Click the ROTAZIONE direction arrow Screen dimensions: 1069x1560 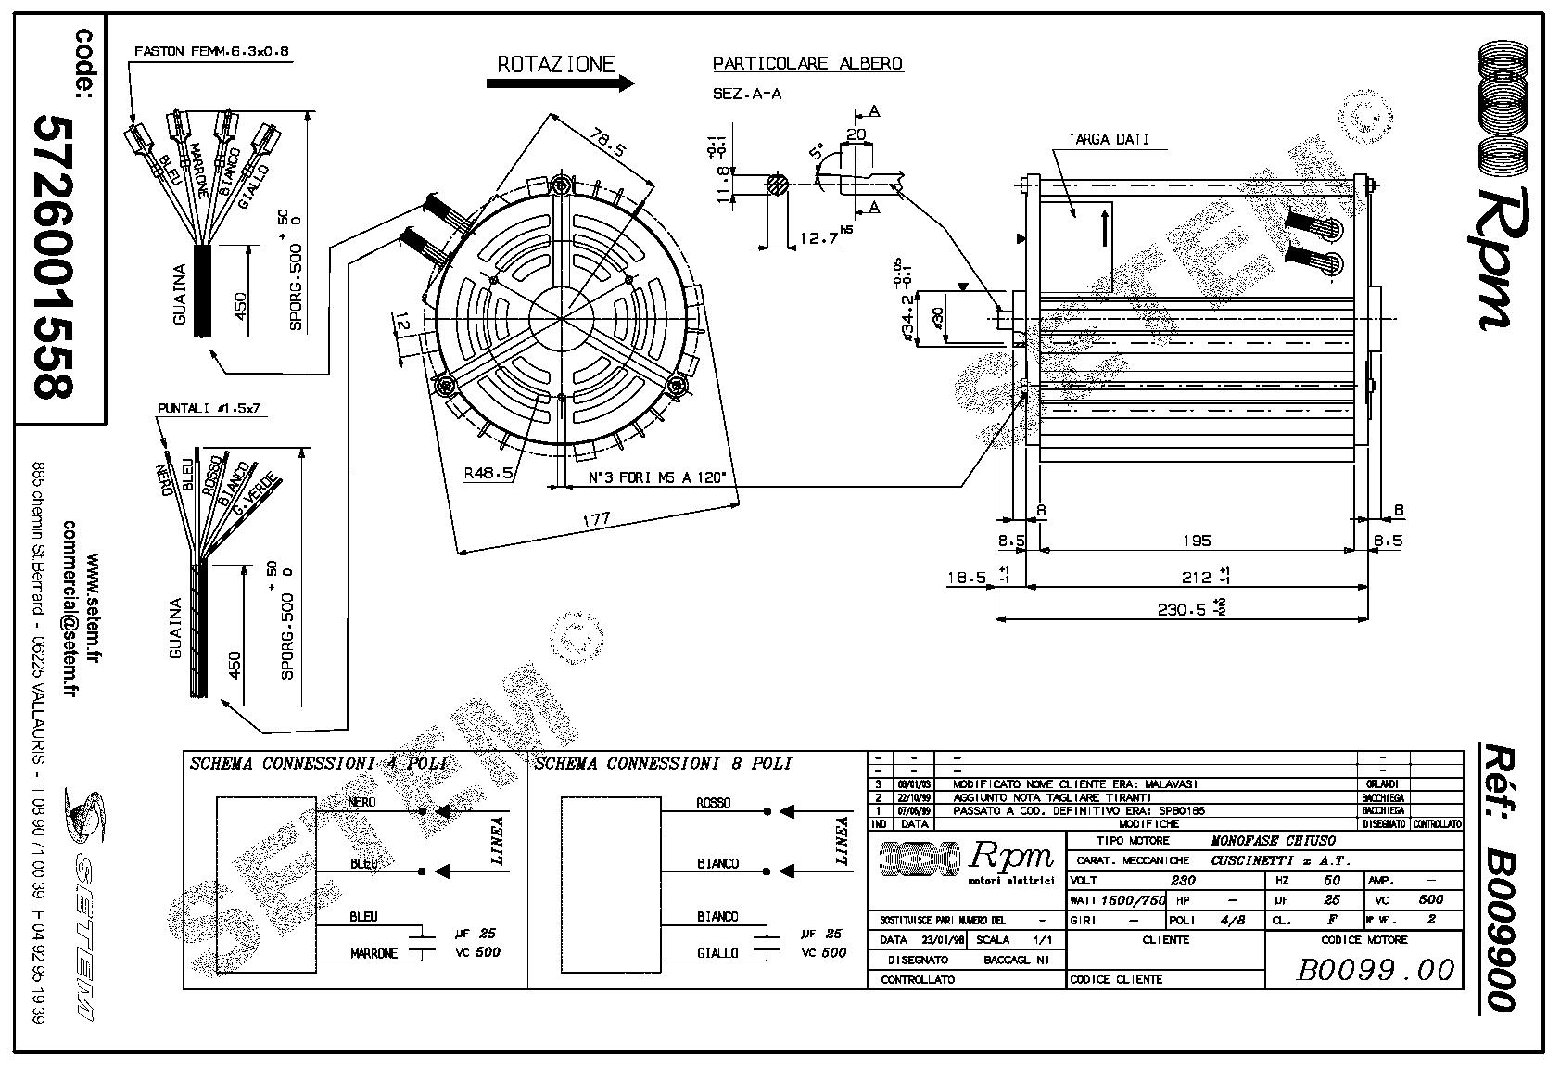[560, 83]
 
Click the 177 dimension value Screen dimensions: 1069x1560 [596, 520]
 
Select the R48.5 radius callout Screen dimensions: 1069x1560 [488, 474]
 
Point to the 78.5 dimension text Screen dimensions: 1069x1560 [608, 145]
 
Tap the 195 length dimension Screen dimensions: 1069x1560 [1197, 541]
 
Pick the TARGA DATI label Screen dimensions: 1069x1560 [1108, 140]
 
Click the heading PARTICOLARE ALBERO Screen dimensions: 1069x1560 [807, 64]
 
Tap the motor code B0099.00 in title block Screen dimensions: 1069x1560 [1375, 970]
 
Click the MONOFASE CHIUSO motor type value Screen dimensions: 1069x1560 [1274, 841]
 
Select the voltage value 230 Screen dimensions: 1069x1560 [1183, 881]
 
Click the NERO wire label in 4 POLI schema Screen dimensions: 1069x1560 [361, 802]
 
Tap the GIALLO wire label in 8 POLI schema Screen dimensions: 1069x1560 [718, 953]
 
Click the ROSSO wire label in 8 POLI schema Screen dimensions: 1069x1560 [714, 803]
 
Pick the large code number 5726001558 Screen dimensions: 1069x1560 [52, 257]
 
